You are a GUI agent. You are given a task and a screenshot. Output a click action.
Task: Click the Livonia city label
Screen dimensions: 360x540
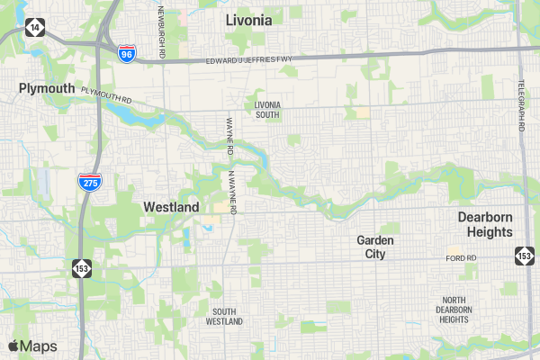pyautogui.click(x=248, y=20)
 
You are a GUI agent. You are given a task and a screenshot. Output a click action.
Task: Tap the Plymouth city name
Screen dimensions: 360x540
pyautogui.click(x=47, y=88)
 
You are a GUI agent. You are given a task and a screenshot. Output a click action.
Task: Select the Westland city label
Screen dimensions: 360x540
pyautogui.click(x=171, y=207)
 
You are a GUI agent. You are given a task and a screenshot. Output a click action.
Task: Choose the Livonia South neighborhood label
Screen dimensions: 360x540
pyautogui.click(x=267, y=110)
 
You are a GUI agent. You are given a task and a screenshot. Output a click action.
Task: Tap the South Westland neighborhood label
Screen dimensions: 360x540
pyautogui.click(x=224, y=316)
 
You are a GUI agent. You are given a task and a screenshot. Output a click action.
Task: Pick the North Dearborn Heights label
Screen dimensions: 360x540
pyautogui.click(x=454, y=310)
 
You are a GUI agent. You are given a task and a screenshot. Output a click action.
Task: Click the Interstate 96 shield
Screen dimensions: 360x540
pyautogui.click(x=127, y=54)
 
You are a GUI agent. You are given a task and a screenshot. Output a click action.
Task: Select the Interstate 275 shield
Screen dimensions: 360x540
pyautogui.click(x=89, y=182)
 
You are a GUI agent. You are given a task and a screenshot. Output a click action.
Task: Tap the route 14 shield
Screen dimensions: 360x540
pyautogui.click(x=33, y=28)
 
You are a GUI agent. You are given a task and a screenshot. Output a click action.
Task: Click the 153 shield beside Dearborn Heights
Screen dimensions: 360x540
pyautogui.click(x=524, y=256)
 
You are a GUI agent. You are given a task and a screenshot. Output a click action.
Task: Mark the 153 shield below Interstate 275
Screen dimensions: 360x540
pyautogui.click(x=82, y=267)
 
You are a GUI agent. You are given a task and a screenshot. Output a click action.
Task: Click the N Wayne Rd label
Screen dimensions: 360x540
pyautogui.click(x=231, y=192)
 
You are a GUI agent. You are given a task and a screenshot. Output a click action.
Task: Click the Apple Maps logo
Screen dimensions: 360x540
pyautogui.click(x=32, y=346)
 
